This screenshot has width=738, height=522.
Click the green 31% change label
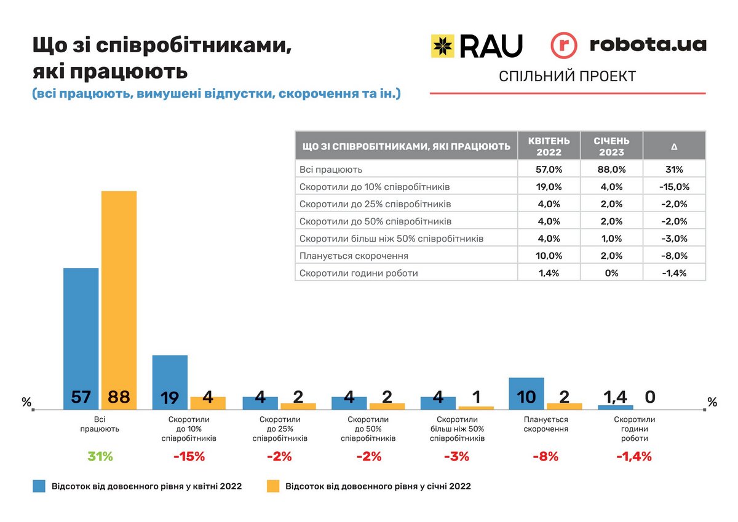[x=100, y=457]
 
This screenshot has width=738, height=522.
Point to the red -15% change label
[x=189, y=457]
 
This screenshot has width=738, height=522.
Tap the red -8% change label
[x=545, y=457]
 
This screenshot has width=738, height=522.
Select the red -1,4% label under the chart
[x=633, y=457]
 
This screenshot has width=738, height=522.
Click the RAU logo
[x=477, y=46]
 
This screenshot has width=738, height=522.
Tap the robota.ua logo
[x=628, y=45]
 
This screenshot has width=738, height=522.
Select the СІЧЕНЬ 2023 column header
[x=611, y=146]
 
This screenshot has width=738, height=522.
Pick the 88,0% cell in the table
[x=611, y=169]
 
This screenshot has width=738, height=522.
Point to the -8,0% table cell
[x=674, y=255]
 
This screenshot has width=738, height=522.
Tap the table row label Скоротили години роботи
[x=358, y=272]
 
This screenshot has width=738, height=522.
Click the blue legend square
[x=39, y=486]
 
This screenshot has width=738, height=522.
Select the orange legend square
[x=273, y=486]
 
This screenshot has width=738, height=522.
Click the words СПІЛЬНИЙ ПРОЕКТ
[x=567, y=76]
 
